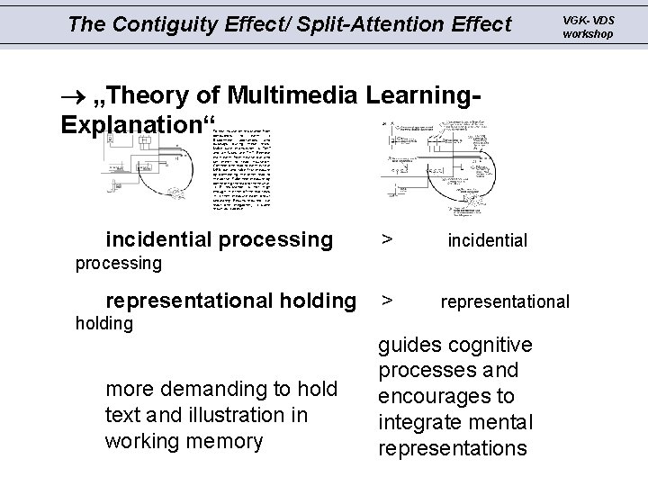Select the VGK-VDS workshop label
pyautogui.click(x=588, y=27)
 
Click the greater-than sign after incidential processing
pyautogui.click(x=385, y=239)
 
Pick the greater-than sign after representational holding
pyautogui.click(x=385, y=300)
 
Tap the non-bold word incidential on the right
pyautogui.click(x=487, y=240)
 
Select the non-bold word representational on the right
pyautogui.click(x=504, y=301)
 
